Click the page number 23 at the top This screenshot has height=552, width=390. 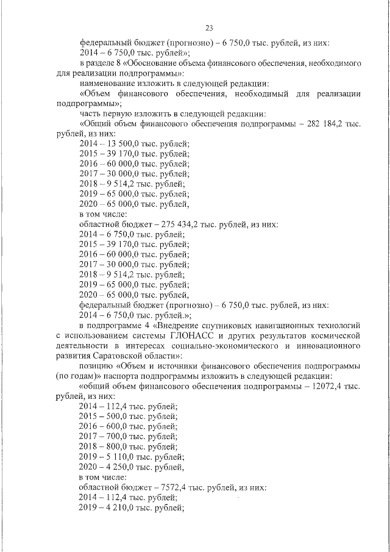tap(208, 27)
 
